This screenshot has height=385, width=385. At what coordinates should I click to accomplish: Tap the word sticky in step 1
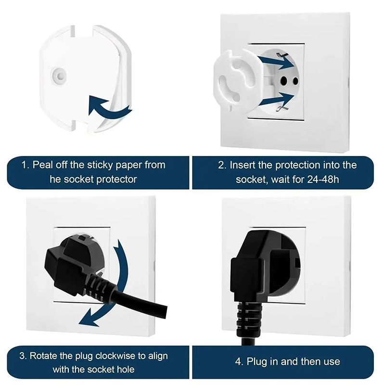pyautogui.click(x=100, y=165)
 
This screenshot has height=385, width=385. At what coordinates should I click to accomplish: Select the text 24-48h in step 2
pyautogui.click(x=323, y=180)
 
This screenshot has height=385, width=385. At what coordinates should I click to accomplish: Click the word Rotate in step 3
pyautogui.click(x=43, y=356)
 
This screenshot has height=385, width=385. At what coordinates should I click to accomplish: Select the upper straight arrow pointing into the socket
pyautogui.click(x=276, y=62)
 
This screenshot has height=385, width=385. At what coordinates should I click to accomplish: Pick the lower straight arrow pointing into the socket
pyautogui.click(x=276, y=100)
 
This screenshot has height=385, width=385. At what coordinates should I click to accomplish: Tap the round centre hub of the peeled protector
pyautogui.click(x=58, y=76)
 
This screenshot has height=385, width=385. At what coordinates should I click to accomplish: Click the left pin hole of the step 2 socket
pyautogui.click(x=284, y=80)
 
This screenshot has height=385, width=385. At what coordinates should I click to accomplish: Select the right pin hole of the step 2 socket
pyautogui.click(x=295, y=81)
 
